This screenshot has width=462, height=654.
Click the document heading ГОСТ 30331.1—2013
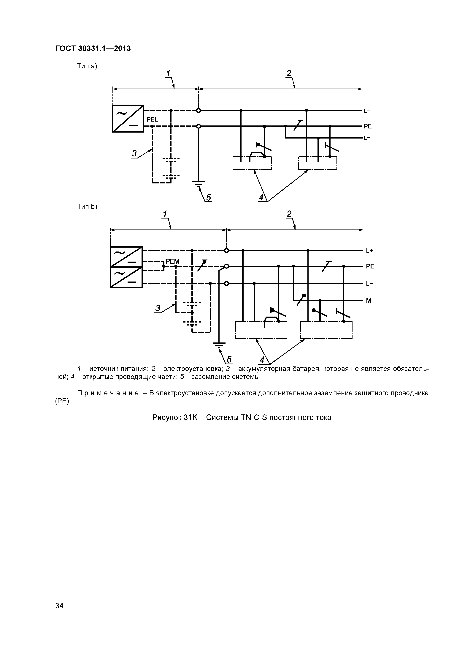point(93,49)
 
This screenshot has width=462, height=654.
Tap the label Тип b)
point(87,207)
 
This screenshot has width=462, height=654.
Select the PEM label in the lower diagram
point(172,261)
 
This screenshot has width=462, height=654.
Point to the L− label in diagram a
point(367,138)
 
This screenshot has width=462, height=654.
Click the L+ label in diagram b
point(369,251)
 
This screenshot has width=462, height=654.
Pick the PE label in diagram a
point(368,126)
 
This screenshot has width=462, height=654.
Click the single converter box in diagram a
point(128,119)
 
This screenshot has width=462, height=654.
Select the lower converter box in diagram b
point(126,277)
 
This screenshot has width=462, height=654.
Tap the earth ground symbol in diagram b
point(219,345)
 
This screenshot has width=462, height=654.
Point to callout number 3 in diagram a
point(134,154)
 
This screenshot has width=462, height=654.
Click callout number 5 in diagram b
point(229,360)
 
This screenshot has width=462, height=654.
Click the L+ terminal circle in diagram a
point(199,111)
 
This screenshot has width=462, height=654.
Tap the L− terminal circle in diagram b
point(226,283)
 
